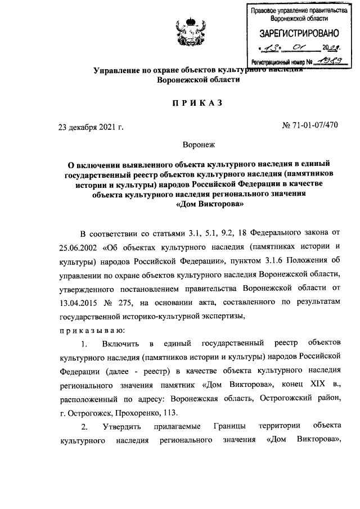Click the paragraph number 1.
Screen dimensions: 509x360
pyautogui.click(x=84, y=343)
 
